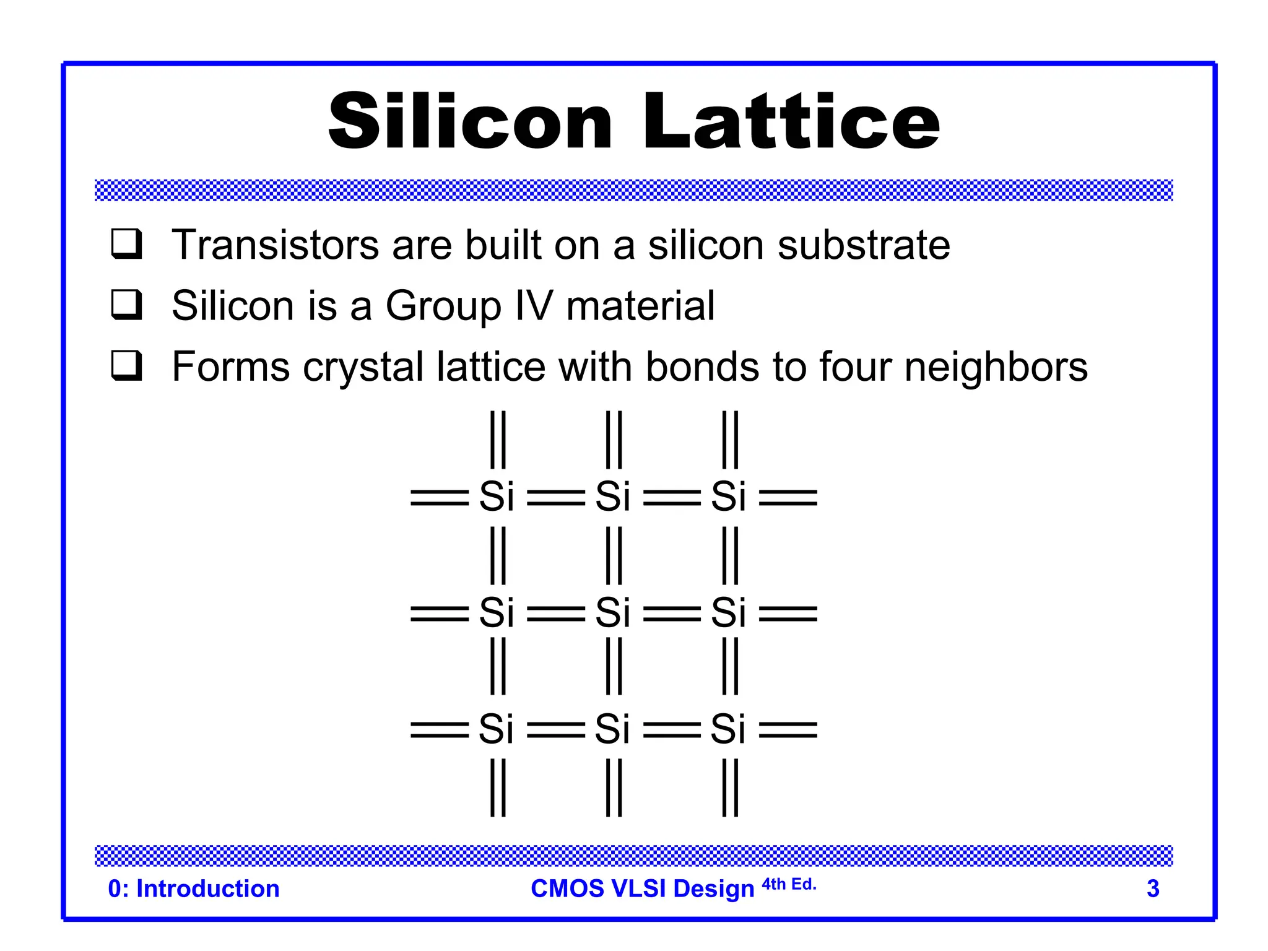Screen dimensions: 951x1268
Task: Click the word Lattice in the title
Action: pyautogui.click(x=791, y=121)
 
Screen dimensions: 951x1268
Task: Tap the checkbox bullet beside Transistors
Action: pyautogui.click(x=127, y=244)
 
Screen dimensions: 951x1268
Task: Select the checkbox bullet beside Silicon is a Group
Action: pyautogui.click(x=127, y=305)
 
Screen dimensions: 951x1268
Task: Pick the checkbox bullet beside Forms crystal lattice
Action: pyautogui.click(x=127, y=366)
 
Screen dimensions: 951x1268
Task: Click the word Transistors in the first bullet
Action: pyautogui.click(x=275, y=245)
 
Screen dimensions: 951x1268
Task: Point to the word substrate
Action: pyautogui.click(x=864, y=245)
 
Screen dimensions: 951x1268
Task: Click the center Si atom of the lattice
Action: pyautogui.click(x=612, y=613)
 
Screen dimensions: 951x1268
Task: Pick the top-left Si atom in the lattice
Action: pyautogui.click(x=497, y=497)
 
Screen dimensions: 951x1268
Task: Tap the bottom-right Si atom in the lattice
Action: pyautogui.click(x=728, y=729)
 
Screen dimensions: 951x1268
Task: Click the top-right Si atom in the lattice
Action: pyautogui.click(x=728, y=497)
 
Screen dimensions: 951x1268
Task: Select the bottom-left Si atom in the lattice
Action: pyautogui.click(x=497, y=729)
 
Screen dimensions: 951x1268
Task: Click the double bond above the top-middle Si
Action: pyautogui.click(x=614, y=440)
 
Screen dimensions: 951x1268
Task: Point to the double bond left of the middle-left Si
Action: pyautogui.click(x=440, y=614)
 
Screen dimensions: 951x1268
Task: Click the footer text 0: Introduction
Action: pyautogui.click(x=194, y=888)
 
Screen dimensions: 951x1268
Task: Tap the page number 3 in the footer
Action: pyautogui.click(x=1153, y=888)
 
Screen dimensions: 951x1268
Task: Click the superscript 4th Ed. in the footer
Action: pyautogui.click(x=789, y=884)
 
